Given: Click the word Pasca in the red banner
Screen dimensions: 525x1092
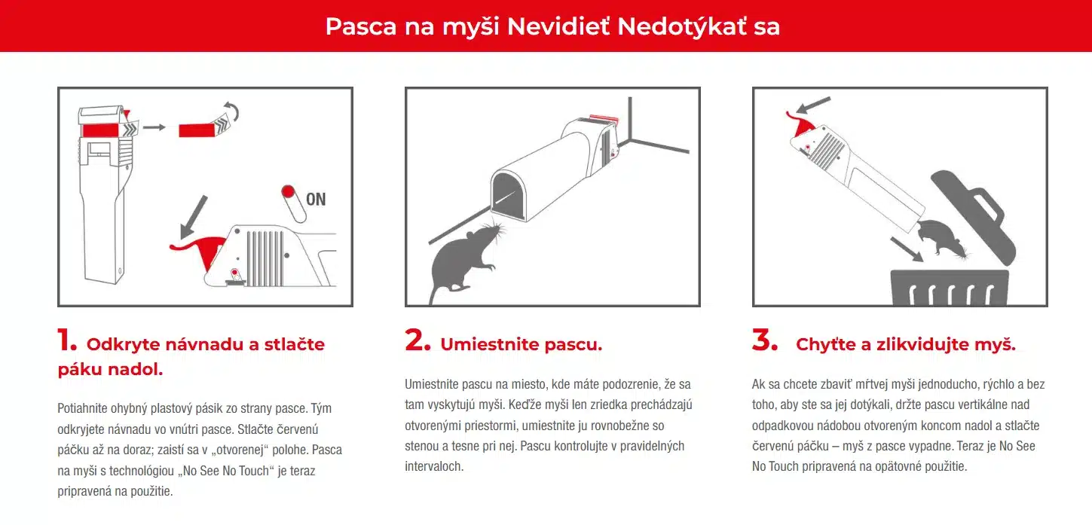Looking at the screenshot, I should pos(360,26).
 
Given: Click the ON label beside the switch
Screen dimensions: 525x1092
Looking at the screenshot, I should pos(316,199).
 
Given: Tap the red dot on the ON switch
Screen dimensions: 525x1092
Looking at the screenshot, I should pos(287,191).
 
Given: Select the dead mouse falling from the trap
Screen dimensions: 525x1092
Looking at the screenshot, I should pos(942,238).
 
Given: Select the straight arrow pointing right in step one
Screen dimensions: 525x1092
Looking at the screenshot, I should pos(154,127).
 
